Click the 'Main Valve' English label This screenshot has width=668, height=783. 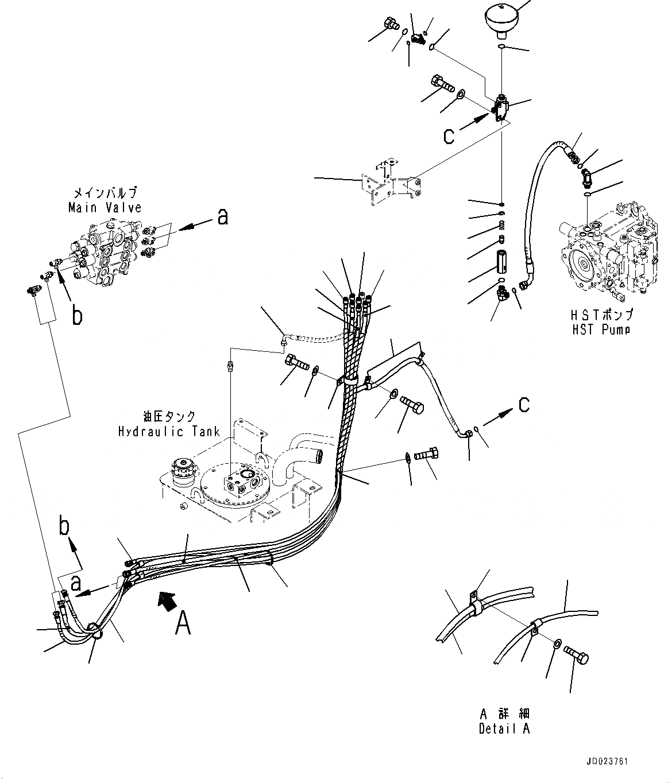(x=104, y=207)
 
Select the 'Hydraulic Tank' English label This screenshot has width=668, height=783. (x=169, y=431)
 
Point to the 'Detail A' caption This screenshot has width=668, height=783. (x=504, y=728)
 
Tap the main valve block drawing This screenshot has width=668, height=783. (x=109, y=253)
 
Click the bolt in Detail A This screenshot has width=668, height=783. (x=577, y=654)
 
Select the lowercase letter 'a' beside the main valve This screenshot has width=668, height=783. (x=222, y=216)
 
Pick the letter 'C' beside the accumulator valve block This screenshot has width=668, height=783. (x=449, y=136)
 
